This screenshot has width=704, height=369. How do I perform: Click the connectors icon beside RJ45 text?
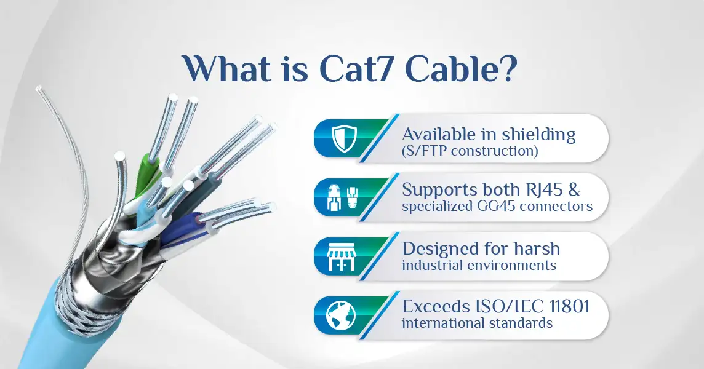[x=343, y=197]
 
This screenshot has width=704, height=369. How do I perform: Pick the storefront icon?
[x=341, y=257]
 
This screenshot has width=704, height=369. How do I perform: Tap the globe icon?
[x=341, y=315]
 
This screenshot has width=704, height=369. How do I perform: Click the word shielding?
[x=538, y=135]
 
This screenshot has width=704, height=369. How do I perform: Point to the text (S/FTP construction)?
[x=470, y=151]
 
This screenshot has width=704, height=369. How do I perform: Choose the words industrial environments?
[x=479, y=265]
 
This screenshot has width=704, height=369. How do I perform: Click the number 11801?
[x=569, y=307]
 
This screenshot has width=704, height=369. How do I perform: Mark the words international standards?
[x=477, y=323]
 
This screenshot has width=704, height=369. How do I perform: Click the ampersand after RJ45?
[x=574, y=190]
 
